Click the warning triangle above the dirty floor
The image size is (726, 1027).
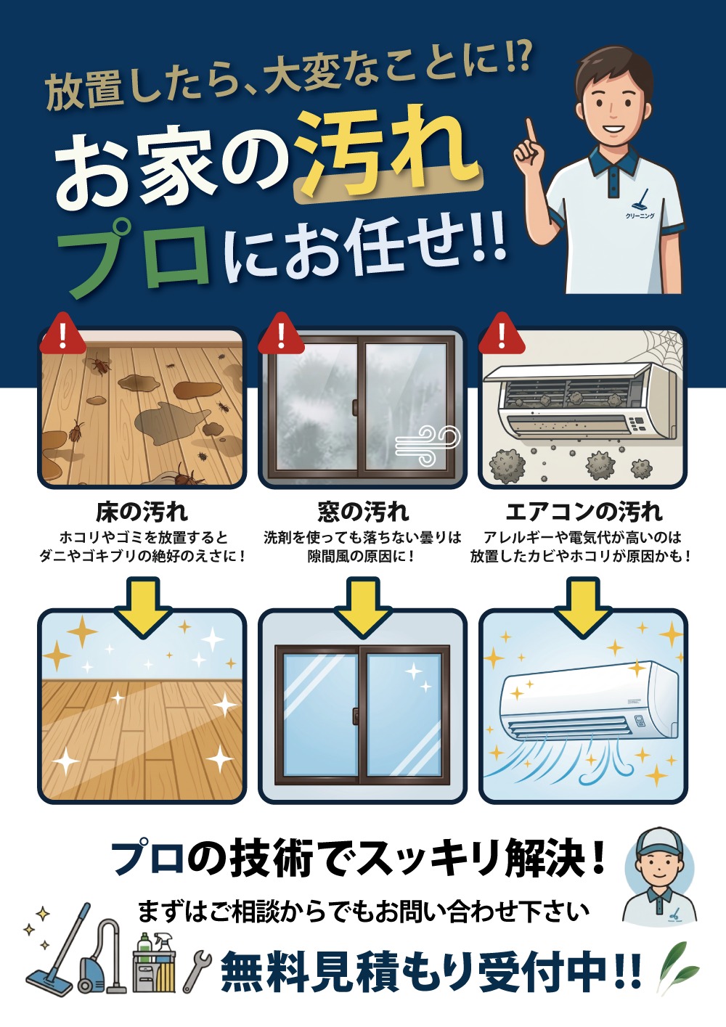(63, 334)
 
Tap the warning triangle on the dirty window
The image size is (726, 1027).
(281, 334)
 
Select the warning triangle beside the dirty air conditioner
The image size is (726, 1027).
(501, 334)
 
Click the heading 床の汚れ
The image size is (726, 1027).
(142, 512)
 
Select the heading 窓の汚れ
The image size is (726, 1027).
(363, 512)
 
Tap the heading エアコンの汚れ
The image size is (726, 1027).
(584, 512)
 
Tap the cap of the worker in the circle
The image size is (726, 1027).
(659, 842)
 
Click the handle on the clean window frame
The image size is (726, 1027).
(355, 716)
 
